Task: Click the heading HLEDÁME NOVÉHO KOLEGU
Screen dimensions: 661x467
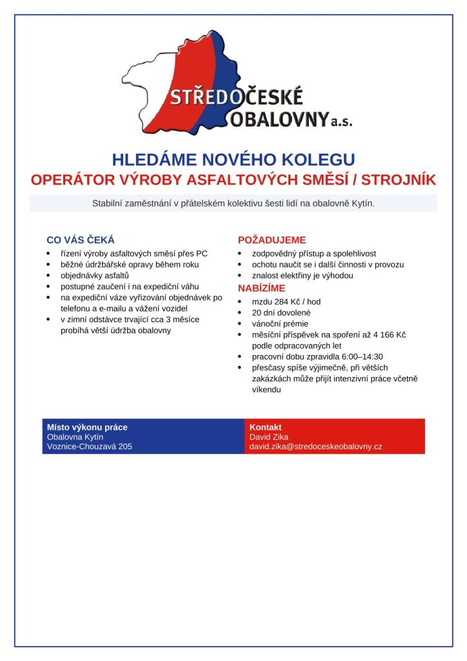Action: click(234, 159)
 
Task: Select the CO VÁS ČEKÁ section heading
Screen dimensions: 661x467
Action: click(81, 239)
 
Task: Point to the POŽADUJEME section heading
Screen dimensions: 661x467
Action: click(272, 239)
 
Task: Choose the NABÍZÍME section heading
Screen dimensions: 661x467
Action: click(261, 288)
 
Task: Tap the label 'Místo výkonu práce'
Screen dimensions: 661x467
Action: click(87, 427)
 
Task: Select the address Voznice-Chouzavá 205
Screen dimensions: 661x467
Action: click(90, 446)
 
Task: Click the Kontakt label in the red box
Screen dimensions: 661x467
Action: click(265, 427)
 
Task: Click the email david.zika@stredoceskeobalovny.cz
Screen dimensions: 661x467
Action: click(315, 446)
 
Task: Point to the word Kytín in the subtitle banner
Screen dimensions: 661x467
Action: click(362, 203)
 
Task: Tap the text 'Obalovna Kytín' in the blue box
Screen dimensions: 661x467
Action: click(75, 436)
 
